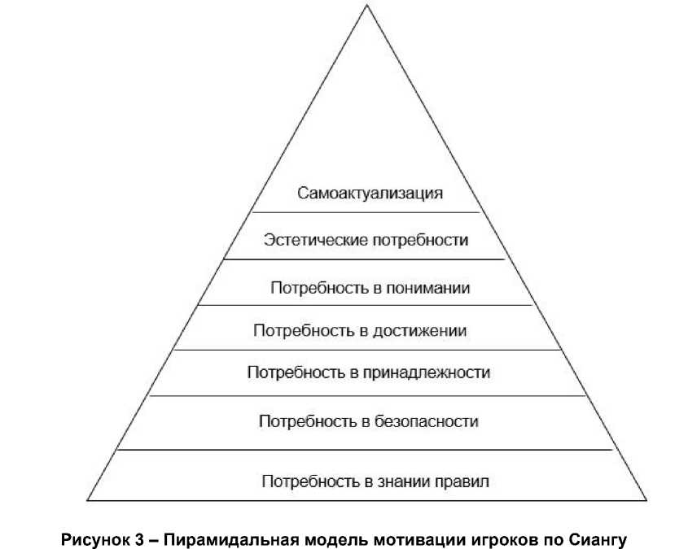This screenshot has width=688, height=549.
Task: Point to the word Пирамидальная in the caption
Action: [211, 538]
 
